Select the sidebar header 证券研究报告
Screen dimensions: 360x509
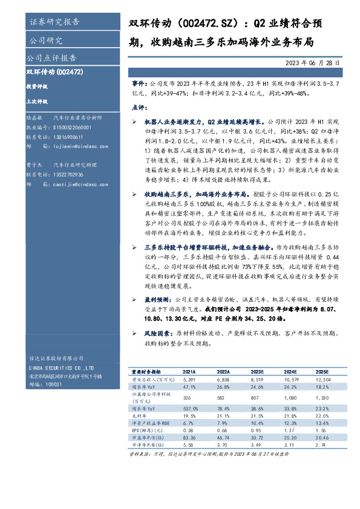click(x=54, y=22)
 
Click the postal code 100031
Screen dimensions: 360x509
click(x=54, y=384)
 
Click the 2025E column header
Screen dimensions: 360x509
click(x=322, y=372)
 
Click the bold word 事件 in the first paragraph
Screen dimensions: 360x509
click(x=139, y=81)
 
